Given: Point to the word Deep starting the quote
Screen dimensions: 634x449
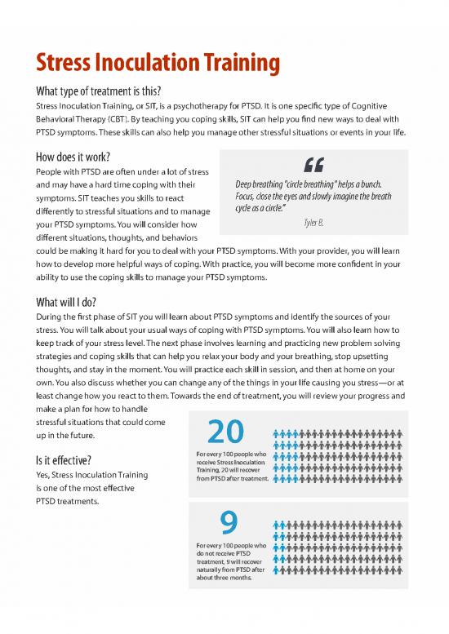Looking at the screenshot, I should pyautogui.click(x=246, y=184).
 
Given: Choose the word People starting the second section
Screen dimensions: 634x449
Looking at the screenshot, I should pyautogui.click(x=46, y=171).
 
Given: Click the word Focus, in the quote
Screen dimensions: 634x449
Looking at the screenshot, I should pyautogui.click(x=247, y=197).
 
